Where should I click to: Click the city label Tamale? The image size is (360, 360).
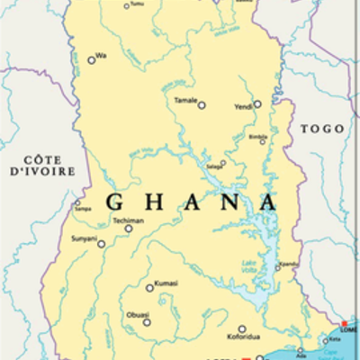pyautogui.click(x=185, y=100)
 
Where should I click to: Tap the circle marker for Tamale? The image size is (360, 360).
pyautogui.click(x=202, y=105)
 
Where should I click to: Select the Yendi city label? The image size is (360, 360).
pyautogui.click(x=243, y=105)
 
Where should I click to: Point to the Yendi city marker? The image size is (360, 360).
pyautogui.click(x=257, y=103)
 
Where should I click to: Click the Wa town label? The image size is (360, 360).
pyautogui.click(x=101, y=56)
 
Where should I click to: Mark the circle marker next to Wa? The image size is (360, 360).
pyautogui.click(x=91, y=60)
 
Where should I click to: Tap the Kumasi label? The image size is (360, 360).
pyautogui.click(x=166, y=283)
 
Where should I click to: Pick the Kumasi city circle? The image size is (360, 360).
pyautogui.click(x=149, y=288)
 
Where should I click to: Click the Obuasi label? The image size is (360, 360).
pyautogui.click(x=138, y=315)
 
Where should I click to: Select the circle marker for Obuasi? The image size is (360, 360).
pyautogui.click(x=147, y=321)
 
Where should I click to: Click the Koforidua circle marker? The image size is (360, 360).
pyautogui.click(x=242, y=329)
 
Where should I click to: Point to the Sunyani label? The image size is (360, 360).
pyautogui.click(x=83, y=239)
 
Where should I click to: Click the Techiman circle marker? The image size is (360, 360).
pyautogui.click(x=129, y=229)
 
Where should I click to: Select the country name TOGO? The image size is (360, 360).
pyautogui.click(x=321, y=129)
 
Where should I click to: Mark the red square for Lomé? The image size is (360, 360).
pyautogui.click(x=343, y=323)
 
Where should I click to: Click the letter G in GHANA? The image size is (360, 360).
pyautogui.click(x=114, y=202)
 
